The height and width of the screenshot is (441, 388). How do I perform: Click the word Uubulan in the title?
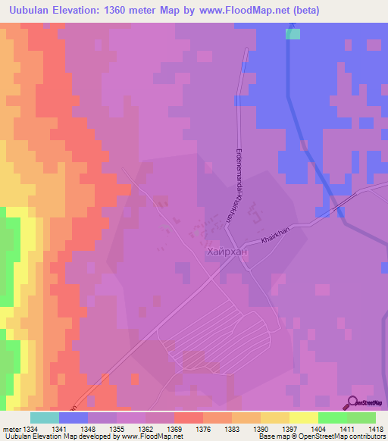36,11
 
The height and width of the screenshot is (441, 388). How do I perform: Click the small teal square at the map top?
293,34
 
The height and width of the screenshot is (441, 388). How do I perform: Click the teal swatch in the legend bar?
45,418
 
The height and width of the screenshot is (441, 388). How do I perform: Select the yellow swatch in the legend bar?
303,418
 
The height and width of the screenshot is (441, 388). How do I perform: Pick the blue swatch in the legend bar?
74,418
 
